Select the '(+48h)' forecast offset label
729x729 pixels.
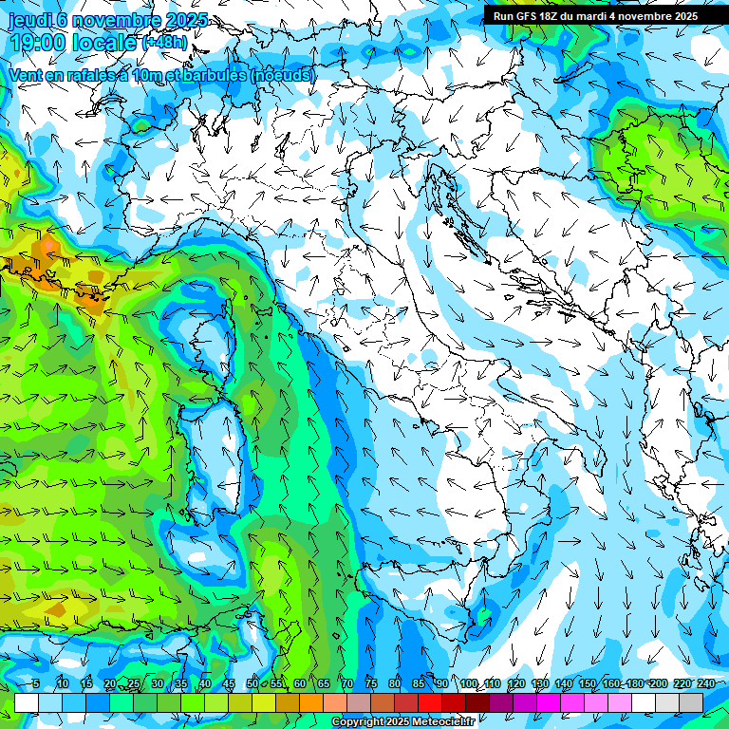point(167,43)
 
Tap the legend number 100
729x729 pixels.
point(469,683)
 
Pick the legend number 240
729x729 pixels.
point(704,683)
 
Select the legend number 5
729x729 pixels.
point(35,683)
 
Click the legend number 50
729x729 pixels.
point(252,683)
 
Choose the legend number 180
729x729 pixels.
point(633,683)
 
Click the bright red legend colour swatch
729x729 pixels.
point(429,702)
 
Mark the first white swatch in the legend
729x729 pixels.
point(26,702)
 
